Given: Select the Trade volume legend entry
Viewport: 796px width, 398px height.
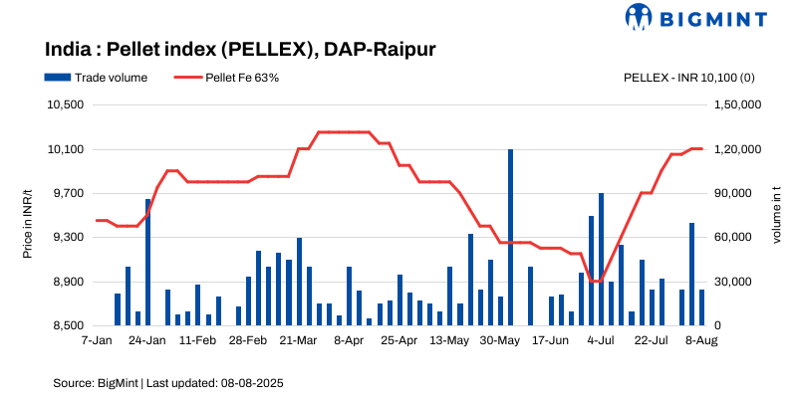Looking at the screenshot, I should (96, 78).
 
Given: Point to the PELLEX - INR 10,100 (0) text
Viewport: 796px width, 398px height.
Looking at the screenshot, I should (688, 78).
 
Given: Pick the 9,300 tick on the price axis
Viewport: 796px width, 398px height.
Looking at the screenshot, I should (69, 238).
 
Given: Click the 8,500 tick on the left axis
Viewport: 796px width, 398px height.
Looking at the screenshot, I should (69, 325).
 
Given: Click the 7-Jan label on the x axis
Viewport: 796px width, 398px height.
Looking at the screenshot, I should (97, 340).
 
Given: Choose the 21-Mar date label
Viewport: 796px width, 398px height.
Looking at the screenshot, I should (299, 340).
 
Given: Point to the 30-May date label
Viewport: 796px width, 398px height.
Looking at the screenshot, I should (500, 340).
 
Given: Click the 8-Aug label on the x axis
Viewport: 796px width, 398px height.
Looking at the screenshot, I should (701, 340).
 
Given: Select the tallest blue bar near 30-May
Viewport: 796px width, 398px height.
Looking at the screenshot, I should (510, 237).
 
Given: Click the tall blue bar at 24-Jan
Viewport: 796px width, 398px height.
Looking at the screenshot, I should (147, 262).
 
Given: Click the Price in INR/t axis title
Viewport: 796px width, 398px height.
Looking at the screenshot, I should (28, 215).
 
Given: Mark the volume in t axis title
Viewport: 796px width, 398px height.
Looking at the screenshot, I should (777, 215).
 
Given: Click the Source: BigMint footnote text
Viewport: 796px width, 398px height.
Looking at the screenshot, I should (169, 382).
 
